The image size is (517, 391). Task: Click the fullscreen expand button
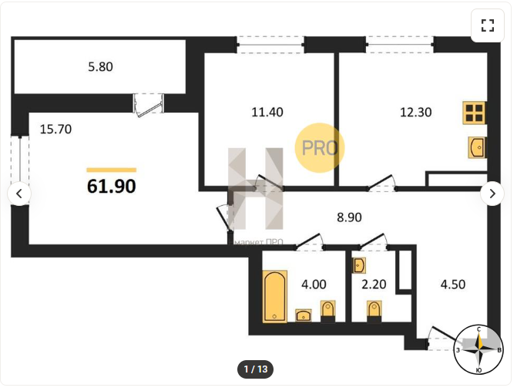point(487,25)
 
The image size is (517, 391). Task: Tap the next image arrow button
point(492,194)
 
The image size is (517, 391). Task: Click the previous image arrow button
point(19,194)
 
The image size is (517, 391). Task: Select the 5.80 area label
point(101,67)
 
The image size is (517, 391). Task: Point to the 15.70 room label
point(55,129)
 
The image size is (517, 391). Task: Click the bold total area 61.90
point(112,186)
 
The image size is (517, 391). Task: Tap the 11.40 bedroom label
point(267,112)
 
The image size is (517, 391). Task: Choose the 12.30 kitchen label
point(416,112)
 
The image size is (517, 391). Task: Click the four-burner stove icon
point(474,113)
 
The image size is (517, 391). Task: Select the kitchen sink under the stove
point(477,147)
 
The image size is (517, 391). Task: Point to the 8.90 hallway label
point(349,217)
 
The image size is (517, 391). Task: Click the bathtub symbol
point(274,296)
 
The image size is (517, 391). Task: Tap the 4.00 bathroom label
point(314,285)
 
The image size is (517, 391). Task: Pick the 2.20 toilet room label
point(374,285)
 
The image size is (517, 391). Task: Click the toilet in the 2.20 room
point(374,311)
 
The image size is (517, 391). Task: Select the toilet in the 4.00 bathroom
point(327,311)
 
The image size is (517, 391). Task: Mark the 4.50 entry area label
point(453,285)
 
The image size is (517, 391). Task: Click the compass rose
point(478,350)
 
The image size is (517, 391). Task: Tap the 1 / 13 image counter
point(256,369)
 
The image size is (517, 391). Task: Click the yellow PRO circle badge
point(320,148)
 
